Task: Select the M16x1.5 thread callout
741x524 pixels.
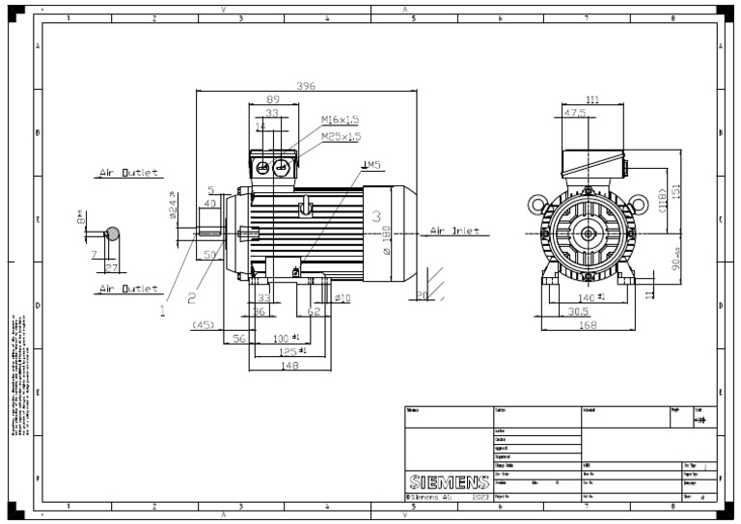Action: tap(340, 121)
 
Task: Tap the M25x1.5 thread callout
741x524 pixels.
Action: tap(340, 136)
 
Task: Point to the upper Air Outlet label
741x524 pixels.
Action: tap(127, 175)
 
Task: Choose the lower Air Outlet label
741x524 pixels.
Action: tap(127, 289)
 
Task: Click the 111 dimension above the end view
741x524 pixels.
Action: tap(592, 99)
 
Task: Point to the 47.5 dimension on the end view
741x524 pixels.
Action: tap(576, 113)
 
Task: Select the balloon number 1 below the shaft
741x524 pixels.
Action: tap(163, 311)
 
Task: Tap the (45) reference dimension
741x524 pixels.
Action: tap(204, 324)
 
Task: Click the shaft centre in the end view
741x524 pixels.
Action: tap(587, 234)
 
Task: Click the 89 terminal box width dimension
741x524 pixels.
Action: tap(273, 99)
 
